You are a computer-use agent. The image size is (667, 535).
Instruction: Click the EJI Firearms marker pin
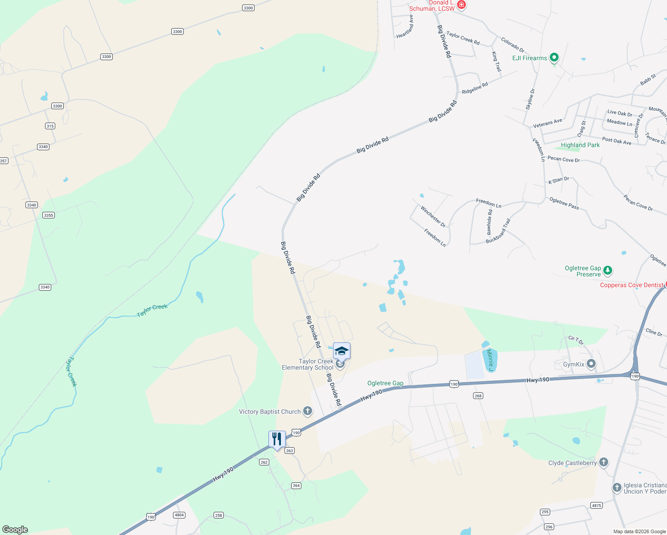tap(554, 58)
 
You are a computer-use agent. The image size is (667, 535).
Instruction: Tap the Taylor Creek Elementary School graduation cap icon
tap(342, 351)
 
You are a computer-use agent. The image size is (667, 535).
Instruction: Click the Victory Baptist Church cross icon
tap(308, 411)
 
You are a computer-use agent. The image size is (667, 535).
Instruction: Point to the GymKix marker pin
tap(591, 364)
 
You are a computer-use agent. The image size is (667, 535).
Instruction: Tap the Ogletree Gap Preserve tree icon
tap(607, 270)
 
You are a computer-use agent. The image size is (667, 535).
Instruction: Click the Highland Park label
tap(580, 145)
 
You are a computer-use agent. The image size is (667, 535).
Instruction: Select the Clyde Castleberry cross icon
tap(603, 462)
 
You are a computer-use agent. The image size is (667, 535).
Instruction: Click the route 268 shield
tap(478, 396)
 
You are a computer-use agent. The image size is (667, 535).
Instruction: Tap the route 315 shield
tap(50, 126)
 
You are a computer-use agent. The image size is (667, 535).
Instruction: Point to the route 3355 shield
tap(49, 215)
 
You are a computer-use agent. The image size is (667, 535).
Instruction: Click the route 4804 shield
tap(179, 515)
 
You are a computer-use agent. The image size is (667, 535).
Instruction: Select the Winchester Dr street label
tap(433, 216)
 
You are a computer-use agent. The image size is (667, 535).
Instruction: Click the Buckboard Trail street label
tap(498, 231)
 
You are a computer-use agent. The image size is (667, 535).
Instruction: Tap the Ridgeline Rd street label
tap(475, 88)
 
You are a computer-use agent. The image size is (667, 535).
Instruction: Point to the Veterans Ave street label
tap(548, 123)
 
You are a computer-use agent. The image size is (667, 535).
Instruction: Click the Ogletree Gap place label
tap(385, 383)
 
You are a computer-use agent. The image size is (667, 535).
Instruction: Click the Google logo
tap(15, 530)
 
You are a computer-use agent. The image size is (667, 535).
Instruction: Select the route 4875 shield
tap(596, 506)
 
